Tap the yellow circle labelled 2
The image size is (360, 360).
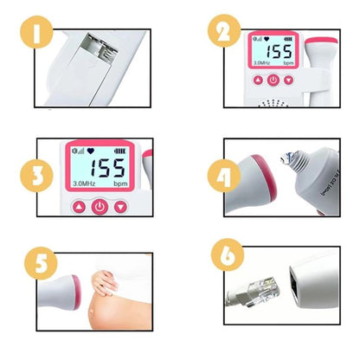pyautogui.click(x=224, y=34)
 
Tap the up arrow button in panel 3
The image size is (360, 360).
pyautogui.click(x=79, y=207)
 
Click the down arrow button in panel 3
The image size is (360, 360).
pyautogui.click(x=120, y=207)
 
